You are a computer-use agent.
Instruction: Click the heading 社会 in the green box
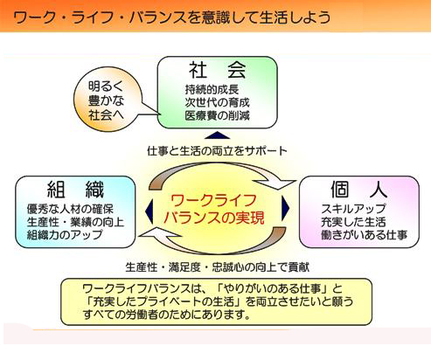pos(218,70)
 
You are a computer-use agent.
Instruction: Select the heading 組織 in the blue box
pos(75,190)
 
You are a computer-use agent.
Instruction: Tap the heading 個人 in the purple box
pos(359,190)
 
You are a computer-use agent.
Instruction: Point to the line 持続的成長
pos(212,89)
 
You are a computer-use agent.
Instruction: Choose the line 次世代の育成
pos(217,102)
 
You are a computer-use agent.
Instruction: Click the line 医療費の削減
pos(217,115)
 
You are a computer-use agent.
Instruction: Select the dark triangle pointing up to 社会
pos(217,135)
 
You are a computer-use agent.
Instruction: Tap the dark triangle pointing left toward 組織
pos(149,208)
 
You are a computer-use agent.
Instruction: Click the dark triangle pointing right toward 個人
pos(286,208)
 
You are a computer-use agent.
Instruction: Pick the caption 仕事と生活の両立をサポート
pos(217,151)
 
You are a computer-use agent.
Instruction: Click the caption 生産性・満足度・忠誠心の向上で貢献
pos(217,267)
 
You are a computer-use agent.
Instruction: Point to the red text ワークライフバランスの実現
pos(214,209)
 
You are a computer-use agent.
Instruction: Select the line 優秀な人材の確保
pos(70,209)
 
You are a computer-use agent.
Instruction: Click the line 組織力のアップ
pos(65,235)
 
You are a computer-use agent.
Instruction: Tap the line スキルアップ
pos(353,209)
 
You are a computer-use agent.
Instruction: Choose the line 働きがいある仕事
pos(364,235)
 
